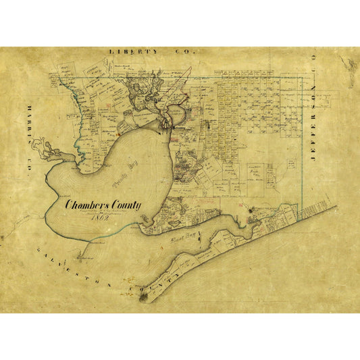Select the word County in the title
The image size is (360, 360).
tap(126, 204)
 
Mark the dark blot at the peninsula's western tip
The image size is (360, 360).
tap(143, 294)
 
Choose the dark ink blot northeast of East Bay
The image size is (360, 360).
tap(254, 218)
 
